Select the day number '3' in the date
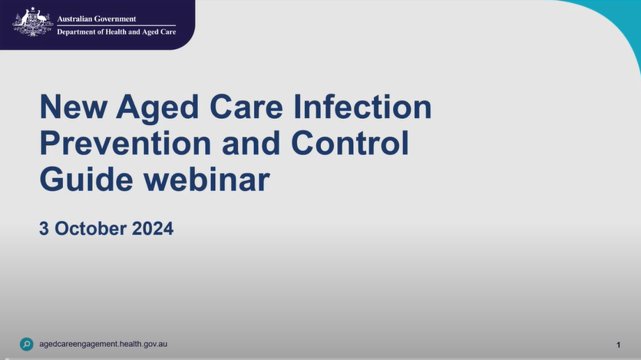[x=45, y=229]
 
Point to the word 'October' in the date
[x=91, y=229]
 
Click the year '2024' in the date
[x=152, y=229]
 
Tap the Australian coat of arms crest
[x=32, y=23]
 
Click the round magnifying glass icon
[x=27, y=344]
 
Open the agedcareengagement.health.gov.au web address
[x=103, y=344]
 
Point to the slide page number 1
[x=619, y=345]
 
